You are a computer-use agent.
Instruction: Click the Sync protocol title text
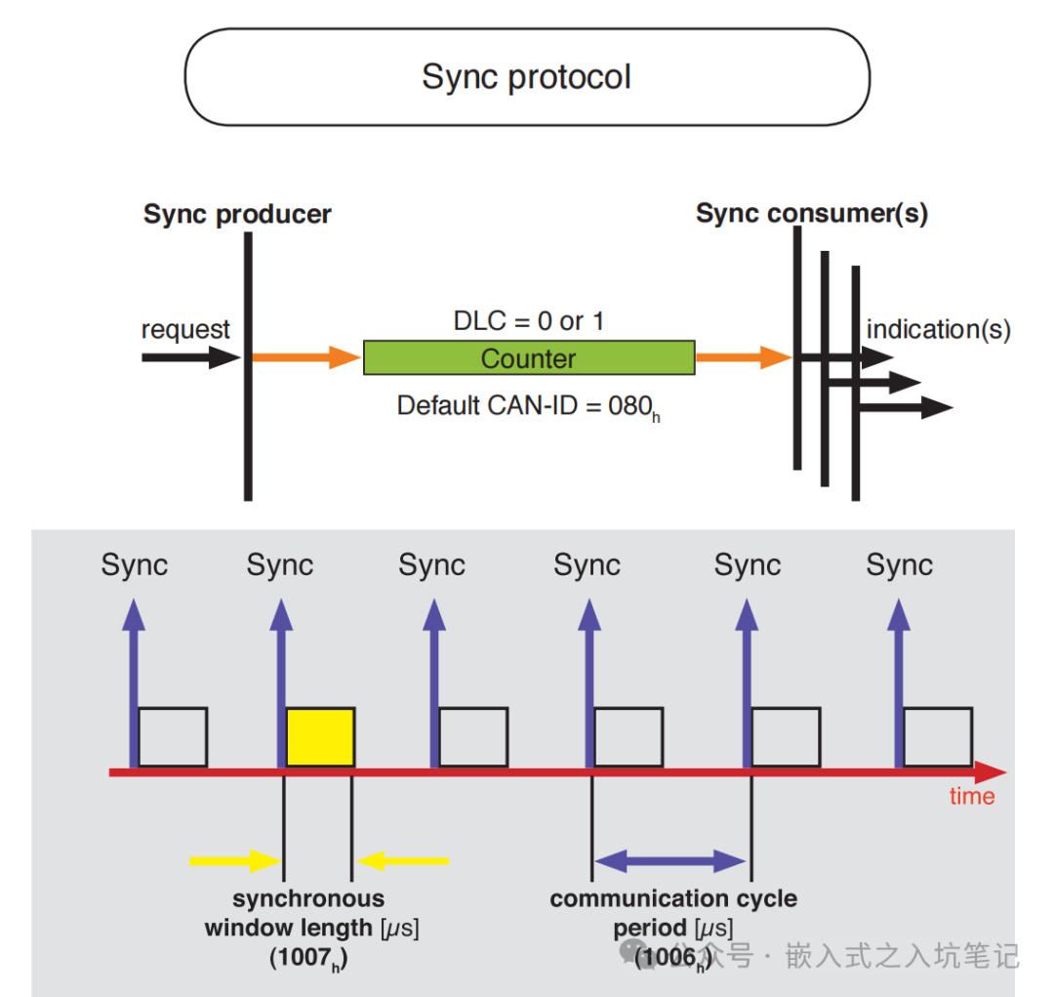pos(526,77)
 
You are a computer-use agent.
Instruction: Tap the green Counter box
pos(529,357)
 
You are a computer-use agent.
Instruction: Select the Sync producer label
pos(237,215)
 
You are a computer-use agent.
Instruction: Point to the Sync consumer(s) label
pos(812,213)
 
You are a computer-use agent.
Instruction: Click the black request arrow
pos(191,357)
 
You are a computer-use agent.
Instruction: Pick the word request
pos(185,330)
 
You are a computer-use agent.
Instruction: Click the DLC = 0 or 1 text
pos(529,321)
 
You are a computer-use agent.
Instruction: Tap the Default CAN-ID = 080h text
pos(528,407)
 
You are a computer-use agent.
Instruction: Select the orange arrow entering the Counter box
pos(306,357)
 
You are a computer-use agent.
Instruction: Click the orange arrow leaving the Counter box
pos(744,357)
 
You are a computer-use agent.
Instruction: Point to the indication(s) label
pos(939,330)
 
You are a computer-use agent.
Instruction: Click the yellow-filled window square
pos(321,736)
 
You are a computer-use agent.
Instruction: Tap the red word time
pos(972,797)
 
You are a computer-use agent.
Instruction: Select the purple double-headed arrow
pos(670,860)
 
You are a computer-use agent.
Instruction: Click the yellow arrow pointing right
pos(235,860)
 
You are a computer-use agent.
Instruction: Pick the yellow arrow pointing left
pos(403,860)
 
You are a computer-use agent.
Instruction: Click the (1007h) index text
pos(308,958)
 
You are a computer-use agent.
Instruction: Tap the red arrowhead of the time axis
pos(991,772)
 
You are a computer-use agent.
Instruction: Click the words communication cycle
pos(673,898)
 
